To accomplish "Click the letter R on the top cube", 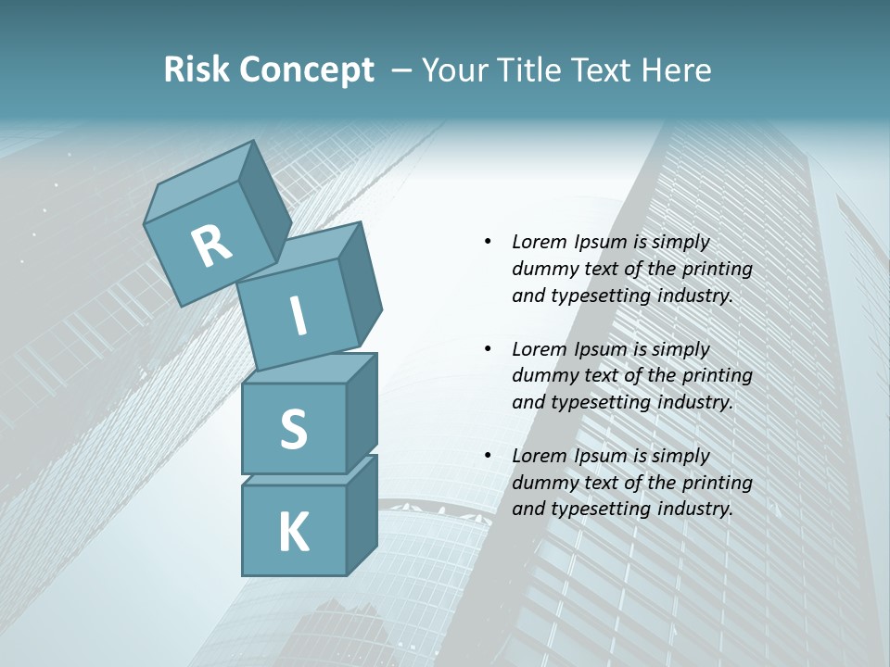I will pos(211,245).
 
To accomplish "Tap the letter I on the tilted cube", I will pos(299,316).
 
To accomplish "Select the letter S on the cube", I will pos(293,430).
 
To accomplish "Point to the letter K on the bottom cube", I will pos(293,533).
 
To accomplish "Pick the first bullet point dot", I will pos(488,242).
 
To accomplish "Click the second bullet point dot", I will pos(488,349).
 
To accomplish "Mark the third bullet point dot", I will pos(488,456).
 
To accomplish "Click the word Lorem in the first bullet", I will pos(540,242).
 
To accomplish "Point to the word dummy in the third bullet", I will pos(541,483).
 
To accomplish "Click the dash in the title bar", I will pos(402,70).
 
